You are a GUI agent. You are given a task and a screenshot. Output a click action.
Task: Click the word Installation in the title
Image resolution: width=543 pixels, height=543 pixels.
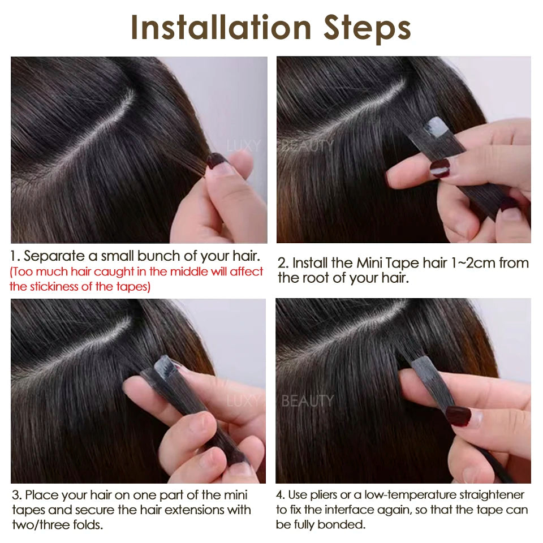point(221,27)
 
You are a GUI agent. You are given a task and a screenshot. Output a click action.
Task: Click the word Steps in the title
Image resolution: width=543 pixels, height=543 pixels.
point(367,27)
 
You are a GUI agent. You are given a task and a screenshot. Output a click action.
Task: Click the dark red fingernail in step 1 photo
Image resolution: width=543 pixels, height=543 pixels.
point(216,161)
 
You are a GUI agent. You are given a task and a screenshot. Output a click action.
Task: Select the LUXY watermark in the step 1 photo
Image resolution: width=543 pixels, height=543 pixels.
point(244,146)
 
